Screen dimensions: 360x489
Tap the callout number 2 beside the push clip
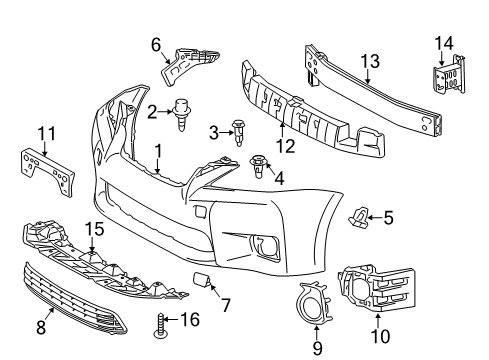(152, 113)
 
